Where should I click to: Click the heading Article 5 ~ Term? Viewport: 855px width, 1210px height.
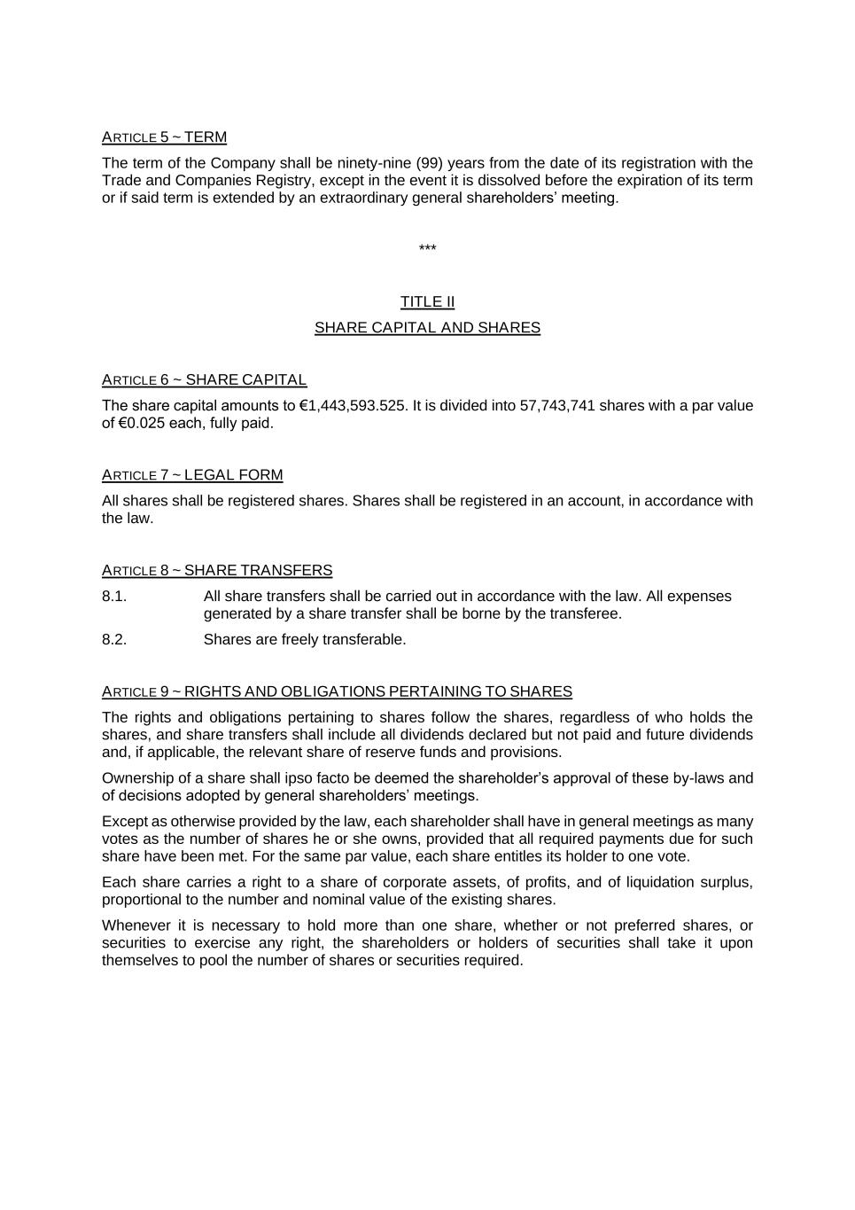164,137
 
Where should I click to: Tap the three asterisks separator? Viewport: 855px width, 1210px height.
427,249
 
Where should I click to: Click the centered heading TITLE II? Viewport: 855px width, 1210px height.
427,302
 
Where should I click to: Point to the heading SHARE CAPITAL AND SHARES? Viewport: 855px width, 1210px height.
427,328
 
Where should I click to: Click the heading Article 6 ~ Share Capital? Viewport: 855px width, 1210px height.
204,380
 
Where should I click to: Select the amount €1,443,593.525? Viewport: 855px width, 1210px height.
353,406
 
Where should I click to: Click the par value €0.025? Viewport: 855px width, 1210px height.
142,424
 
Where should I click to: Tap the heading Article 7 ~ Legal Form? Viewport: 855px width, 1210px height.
192,475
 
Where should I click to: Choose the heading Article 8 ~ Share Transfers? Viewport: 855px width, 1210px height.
217,571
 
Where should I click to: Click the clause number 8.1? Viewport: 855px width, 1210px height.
114,597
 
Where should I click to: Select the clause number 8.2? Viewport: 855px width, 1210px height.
114,640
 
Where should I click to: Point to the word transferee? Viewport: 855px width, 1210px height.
588,613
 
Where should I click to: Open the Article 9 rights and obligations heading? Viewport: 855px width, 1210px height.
337,691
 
